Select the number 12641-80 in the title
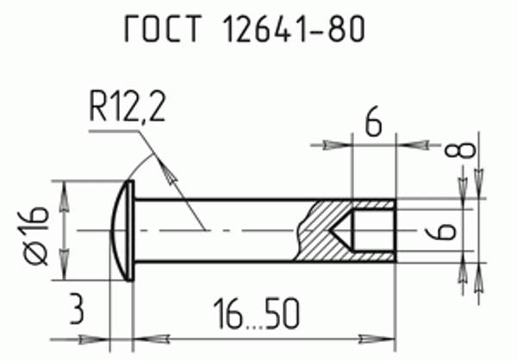(x=295, y=31)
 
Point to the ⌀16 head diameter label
(x=35, y=231)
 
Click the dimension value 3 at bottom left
(x=77, y=309)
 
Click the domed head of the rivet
(x=124, y=230)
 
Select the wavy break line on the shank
(x=299, y=231)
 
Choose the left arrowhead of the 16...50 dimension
(x=143, y=337)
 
